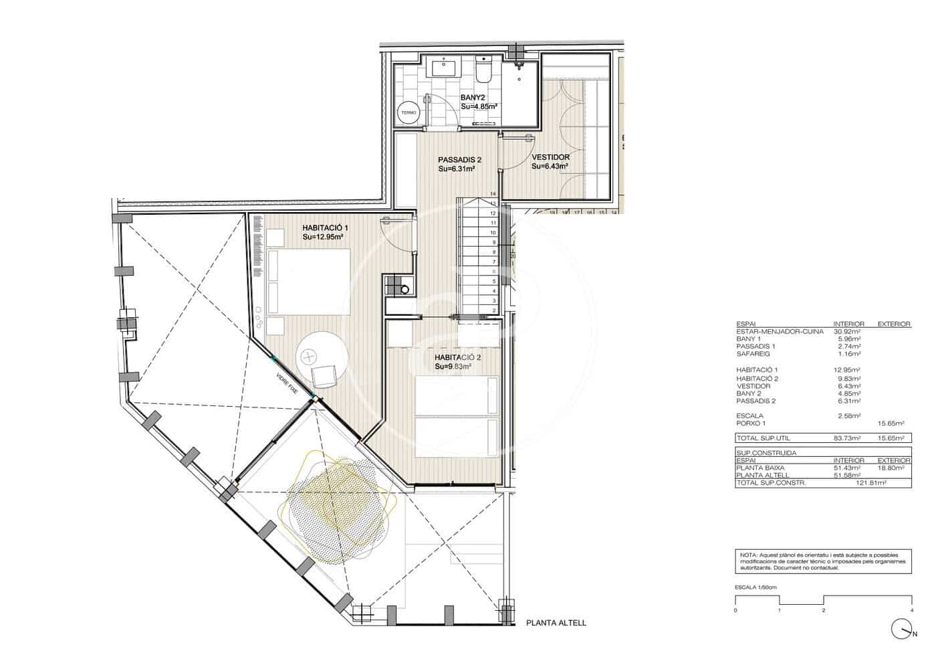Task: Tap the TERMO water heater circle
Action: pyautogui.click(x=408, y=113)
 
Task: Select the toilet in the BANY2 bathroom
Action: pyautogui.click(x=484, y=69)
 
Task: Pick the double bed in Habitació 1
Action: pyautogui.click(x=309, y=280)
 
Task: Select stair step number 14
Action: pyautogui.click(x=493, y=194)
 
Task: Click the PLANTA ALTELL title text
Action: pyautogui.click(x=556, y=623)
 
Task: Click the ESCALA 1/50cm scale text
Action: pyautogui.click(x=755, y=587)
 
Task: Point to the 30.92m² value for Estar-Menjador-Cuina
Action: pyautogui.click(x=846, y=331)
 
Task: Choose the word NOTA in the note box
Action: pyautogui.click(x=748, y=555)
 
